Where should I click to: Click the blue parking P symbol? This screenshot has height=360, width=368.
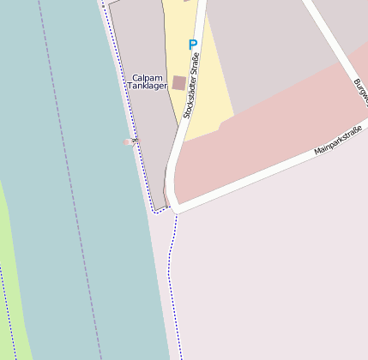[x=192, y=45]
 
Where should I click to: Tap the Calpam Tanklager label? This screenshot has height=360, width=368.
[x=147, y=81]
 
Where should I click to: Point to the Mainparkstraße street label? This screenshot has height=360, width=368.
[x=338, y=140]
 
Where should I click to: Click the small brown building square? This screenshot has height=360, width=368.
[x=178, y=82]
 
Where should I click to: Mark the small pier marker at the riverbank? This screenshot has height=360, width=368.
[x=130, y=141]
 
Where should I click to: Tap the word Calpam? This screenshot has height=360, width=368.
[x=147, y=77]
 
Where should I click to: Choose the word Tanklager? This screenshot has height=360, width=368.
[x=147, y=87]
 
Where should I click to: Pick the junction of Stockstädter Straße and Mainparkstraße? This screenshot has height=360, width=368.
[x=174, y=206]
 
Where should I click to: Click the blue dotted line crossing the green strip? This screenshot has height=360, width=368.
[x=4, y=309]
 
